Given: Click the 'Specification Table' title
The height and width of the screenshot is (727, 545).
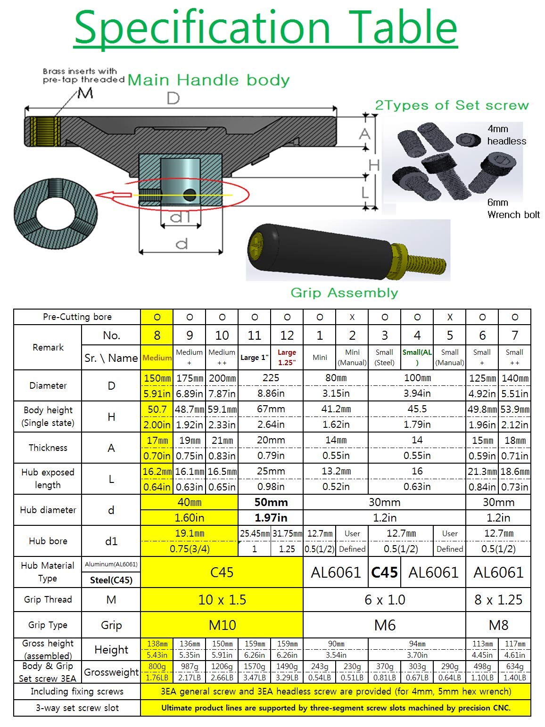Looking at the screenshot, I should pyautogui.click(x=265, y=27).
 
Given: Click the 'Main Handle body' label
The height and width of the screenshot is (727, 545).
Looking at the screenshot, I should pyautogui.click(x=208, y=80).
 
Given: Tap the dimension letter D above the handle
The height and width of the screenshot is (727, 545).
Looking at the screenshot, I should pyautogui.click(x=173, y=98).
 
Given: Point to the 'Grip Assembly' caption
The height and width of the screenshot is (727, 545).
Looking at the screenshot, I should pyautogui.click(x=344, y=293).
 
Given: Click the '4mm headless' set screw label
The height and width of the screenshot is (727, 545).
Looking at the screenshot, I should pyautogui.click(x=506, y=135).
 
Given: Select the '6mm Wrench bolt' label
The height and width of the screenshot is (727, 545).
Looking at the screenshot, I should pyautogui.click(x=513, y=209).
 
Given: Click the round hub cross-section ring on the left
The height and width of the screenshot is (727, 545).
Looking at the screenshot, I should pyautogui.click(x=56, y=211).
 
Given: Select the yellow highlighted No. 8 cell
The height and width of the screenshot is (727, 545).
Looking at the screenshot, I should pyautogui.click(x=157, y=335).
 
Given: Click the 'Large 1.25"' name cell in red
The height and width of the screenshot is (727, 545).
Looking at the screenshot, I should pyautogui.click(x=287, y=357).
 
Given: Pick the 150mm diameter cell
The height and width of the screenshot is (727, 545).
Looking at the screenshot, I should pyautogui.click(x=157, y=378).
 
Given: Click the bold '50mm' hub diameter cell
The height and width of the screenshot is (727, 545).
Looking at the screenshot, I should pyautogui.click(x=271, y=502).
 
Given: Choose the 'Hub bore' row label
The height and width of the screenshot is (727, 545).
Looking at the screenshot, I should pyautogui.click(x=48, y=541).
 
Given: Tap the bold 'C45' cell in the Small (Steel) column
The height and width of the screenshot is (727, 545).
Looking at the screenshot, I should pyautogui.click(x=384, y=572).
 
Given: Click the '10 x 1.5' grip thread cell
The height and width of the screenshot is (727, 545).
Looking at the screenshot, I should pyautogui.click(x=222, y=600).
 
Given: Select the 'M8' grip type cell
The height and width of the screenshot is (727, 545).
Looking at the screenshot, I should pyautogui.click(x=498, y=625).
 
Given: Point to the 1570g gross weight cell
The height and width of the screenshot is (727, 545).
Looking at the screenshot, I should pyautogui.click(x=254, y=666).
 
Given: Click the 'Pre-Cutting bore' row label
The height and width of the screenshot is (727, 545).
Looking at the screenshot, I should pyautogui.click(x=77, y=317).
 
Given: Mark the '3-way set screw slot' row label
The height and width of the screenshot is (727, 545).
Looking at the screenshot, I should pyautogui.click(x=77, y=708).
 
